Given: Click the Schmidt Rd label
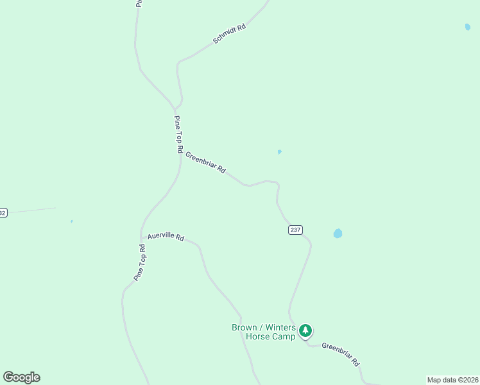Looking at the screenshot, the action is pos(229,35).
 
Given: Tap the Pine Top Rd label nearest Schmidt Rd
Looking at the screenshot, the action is pos(178,133).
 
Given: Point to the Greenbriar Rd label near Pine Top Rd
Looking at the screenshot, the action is pos(205,162).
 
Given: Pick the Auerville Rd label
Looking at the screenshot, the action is pos(166,237).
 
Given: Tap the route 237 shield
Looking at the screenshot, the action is pos(295,230).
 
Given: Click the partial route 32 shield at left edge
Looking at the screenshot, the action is pos(3,212).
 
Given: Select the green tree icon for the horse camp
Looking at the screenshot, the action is pos(306,331).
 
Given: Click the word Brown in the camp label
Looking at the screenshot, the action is pos(244,327).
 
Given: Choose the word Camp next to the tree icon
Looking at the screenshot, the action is pos(284,336).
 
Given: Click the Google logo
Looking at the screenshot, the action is pos(21,377).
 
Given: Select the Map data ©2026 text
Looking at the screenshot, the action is pos(452,380).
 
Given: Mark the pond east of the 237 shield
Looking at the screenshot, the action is pos(338,234).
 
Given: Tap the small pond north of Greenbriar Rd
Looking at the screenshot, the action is pos(279,152).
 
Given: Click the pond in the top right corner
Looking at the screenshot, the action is pos(467,27).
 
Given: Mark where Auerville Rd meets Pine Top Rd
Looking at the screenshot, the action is pos(141,238).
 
